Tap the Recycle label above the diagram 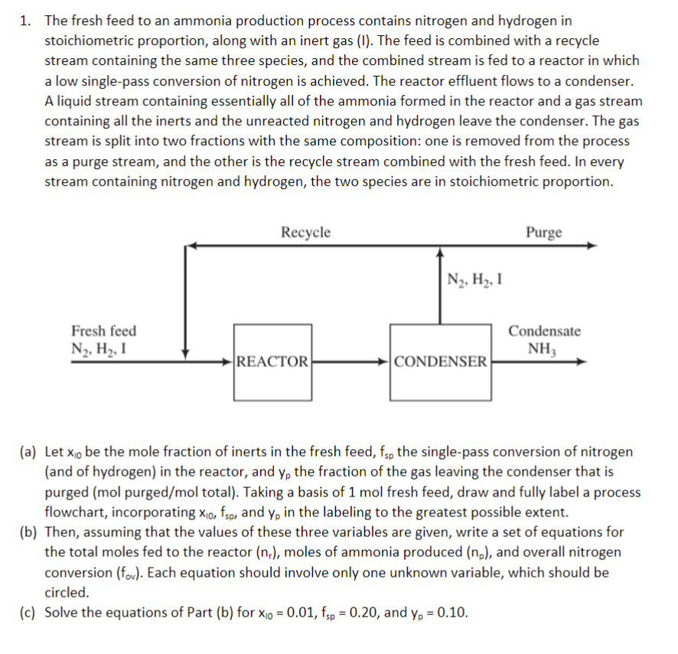305,233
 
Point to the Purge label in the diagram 544,233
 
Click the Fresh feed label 104,331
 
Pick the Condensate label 545,331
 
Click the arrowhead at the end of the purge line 592,246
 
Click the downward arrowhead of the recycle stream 185,351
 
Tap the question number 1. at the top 25,21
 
